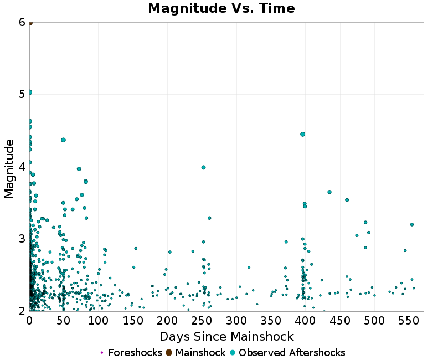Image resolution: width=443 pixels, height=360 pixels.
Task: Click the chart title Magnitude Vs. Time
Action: coord(221,9)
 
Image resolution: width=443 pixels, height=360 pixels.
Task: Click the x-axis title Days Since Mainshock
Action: coord(226,336)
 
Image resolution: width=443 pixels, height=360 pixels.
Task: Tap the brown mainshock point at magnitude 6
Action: coord(30,23)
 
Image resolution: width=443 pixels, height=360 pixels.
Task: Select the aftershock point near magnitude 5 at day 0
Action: coord(30,92)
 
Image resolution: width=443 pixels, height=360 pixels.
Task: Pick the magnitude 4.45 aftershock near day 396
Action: coord(303,134)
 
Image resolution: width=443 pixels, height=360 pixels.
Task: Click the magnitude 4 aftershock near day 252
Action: coord(203,167)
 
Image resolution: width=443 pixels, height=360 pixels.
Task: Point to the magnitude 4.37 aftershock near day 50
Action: coord(64,140)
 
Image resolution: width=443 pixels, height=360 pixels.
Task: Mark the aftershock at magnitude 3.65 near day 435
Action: coord(329,192)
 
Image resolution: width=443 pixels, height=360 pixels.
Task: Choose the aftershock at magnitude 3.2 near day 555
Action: coord(412,224)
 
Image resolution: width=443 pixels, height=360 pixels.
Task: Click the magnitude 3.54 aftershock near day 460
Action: coord(347,200)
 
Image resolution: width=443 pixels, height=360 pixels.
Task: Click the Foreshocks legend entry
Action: coord(131,353)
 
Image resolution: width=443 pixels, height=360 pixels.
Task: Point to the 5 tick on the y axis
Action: coord(22,94)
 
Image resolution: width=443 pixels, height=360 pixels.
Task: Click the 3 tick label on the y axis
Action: coord(22,239)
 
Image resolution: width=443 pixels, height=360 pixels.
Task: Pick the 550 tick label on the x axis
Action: coord(409,321)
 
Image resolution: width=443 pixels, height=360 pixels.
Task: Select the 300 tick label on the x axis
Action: coord(236,321)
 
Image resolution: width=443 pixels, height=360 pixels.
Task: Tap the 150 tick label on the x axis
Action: coord(133,321)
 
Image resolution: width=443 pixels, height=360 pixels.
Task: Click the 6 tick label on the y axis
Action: coord(22,22)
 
